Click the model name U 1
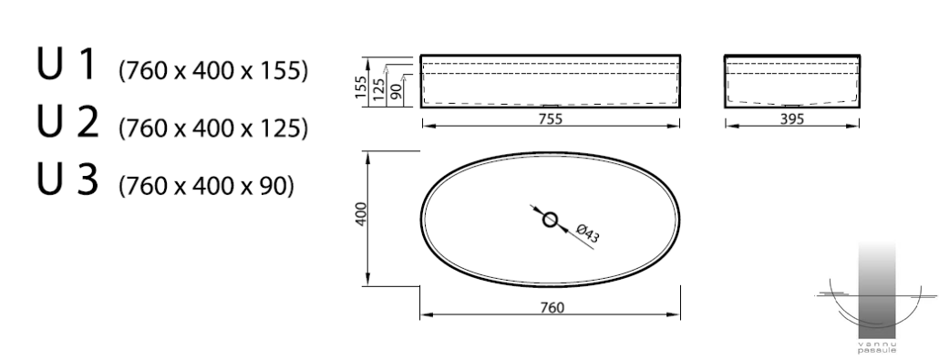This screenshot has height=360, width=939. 66,65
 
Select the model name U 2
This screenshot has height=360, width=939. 67,121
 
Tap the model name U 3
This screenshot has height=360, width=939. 67,180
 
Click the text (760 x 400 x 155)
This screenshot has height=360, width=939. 214,71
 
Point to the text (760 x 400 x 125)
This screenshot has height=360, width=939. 214,129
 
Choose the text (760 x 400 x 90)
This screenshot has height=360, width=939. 207,186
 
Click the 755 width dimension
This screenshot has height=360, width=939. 551,119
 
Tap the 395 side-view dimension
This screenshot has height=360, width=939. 791,119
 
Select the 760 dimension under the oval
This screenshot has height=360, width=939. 552,308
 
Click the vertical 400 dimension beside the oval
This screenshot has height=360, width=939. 361,214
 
